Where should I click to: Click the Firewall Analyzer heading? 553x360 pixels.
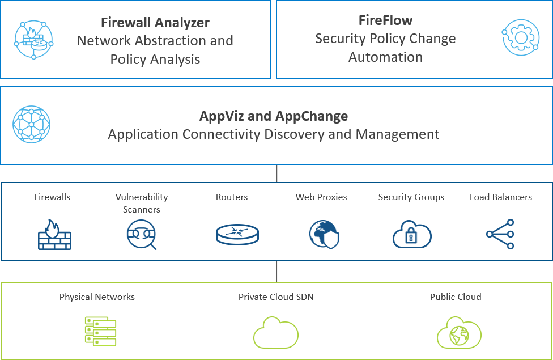[x=155, y=23]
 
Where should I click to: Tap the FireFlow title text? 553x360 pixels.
[x=385, y=20]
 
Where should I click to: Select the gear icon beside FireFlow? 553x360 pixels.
[x=520, y=37]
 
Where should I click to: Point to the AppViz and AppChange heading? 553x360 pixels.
[x=274, y=116]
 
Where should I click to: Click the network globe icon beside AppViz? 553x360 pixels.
[x=32, y=125]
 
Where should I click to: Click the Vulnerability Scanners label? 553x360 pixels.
[x=142, y=203]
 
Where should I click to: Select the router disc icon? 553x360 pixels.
[x=237, y=234]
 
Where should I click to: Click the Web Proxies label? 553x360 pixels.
[x=321, y=197]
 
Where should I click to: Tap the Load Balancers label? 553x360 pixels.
[x=501, y=197]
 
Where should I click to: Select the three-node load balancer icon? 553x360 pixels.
[x=501, y=234]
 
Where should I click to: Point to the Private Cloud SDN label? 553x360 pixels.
[x=276, y=297]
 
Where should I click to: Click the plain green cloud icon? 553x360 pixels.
[x=276, y=333]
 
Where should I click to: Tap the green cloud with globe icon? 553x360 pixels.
[x=458, y=333]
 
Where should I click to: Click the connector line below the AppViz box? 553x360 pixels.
[x=276, y=173]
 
